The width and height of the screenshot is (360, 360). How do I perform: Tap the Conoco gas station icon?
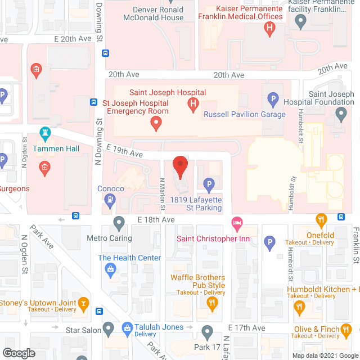111,199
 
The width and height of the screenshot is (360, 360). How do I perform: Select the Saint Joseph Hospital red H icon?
193,103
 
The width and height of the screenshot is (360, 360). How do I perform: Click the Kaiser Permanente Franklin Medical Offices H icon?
271,27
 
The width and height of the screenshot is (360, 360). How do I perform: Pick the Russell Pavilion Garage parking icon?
273,101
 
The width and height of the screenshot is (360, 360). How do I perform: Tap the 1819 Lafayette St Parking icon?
209,184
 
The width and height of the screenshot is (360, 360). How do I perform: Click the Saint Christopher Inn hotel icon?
237,223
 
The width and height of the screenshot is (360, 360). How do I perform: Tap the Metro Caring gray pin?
119,223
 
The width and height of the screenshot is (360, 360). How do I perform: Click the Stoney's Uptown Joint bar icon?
83,304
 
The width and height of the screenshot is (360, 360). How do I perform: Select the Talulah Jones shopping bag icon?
127,327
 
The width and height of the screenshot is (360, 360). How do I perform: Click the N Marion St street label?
163,194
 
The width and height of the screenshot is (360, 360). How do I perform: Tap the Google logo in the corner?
18,353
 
